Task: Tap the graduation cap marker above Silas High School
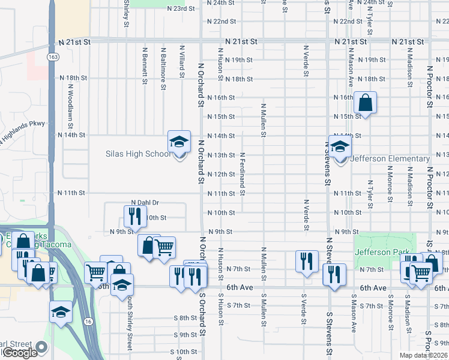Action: coord(178,142)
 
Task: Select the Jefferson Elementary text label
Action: coord(385,159)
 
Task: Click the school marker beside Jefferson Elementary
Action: coord(340,147)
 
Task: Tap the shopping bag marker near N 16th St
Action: coord(365,103)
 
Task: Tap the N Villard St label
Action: coord(181,61)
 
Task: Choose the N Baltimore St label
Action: coord(163,67)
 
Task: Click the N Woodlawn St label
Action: coord(70,104)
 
